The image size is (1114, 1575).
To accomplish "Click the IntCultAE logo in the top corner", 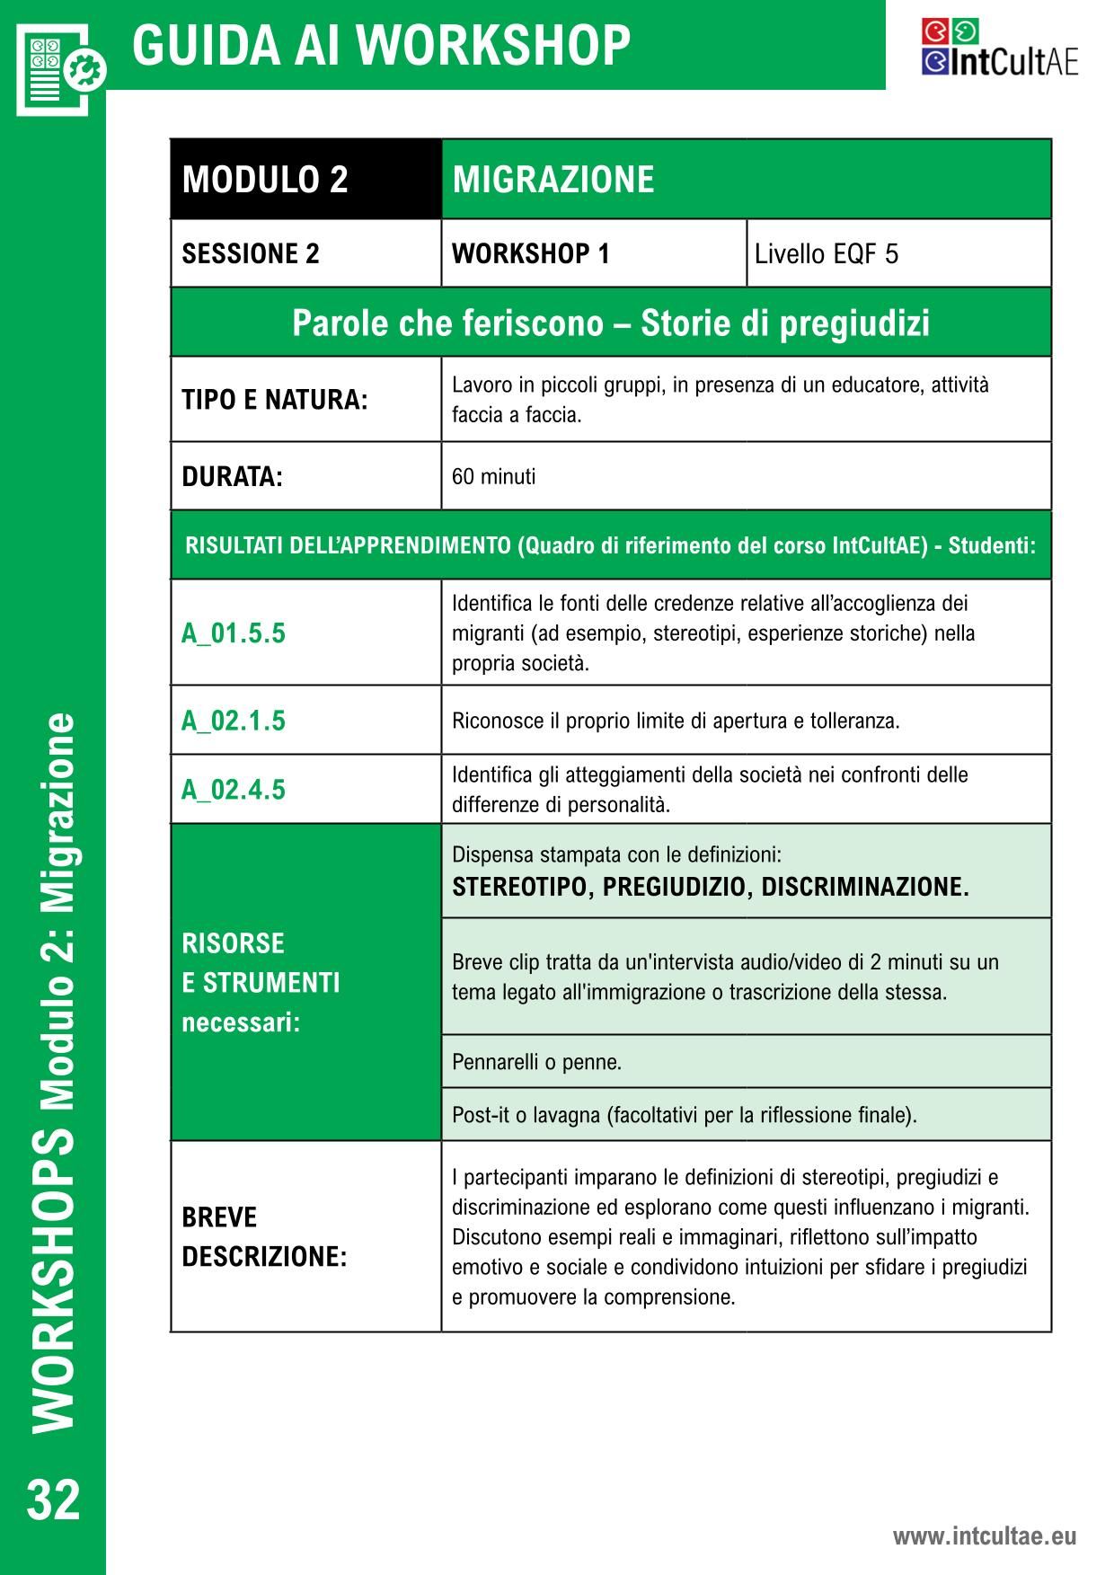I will click(999, 48).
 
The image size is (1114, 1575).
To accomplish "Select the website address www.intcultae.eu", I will click(984, 1535).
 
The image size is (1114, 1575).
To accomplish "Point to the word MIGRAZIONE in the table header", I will click(553, 180).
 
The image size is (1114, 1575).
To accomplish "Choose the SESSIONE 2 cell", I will click(251, 253).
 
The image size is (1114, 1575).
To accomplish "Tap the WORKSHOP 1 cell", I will click(531, 253).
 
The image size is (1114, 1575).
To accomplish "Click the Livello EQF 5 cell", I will click(826, 254).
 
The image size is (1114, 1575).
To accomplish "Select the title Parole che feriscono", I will click(611, 323).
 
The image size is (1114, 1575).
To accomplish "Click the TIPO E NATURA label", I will click(275, 400).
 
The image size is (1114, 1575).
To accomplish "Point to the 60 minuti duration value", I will click(493, 476).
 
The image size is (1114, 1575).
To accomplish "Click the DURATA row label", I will click(232, 476).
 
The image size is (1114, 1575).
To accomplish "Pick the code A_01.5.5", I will click(234, 633).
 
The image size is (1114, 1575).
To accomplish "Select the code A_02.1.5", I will click(234, 721).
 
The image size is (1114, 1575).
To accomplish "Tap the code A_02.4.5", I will click(234, 790).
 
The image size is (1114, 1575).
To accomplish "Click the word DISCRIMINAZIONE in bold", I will click(864, 887).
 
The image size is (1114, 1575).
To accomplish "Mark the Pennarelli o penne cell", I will click(537, 1062).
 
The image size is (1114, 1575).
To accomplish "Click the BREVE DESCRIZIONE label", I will click(264, 1236).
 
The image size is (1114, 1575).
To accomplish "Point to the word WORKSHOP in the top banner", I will click(500, 45).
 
